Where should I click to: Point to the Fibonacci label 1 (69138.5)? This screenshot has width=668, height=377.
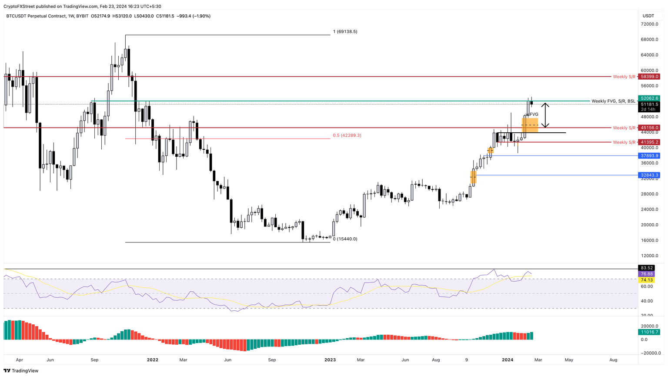tap(345, 32)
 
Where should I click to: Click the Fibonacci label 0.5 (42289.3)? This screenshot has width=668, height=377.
tap(347, 135)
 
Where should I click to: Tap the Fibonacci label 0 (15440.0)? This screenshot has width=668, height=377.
tap(345, 239)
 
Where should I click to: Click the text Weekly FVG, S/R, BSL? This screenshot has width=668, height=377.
tap(613, 101)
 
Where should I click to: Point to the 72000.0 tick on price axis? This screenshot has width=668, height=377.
tap(650, 24)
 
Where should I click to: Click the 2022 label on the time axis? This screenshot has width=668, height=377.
tap(153, 360)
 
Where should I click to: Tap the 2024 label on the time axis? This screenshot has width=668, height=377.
tap(508, 360)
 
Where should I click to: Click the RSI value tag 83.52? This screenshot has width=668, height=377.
tap(647, 268)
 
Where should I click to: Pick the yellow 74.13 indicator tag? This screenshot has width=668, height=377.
tap(647, 280)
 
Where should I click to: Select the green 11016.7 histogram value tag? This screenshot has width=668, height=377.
tap(649, 332)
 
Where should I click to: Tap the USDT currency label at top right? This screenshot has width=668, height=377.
tap(648, 16)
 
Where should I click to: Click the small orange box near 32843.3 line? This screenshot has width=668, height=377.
tap(473, 177)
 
